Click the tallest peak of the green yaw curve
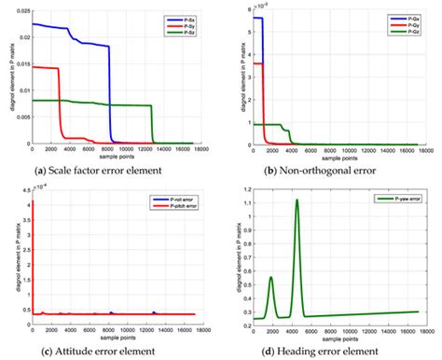click(297, 200)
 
